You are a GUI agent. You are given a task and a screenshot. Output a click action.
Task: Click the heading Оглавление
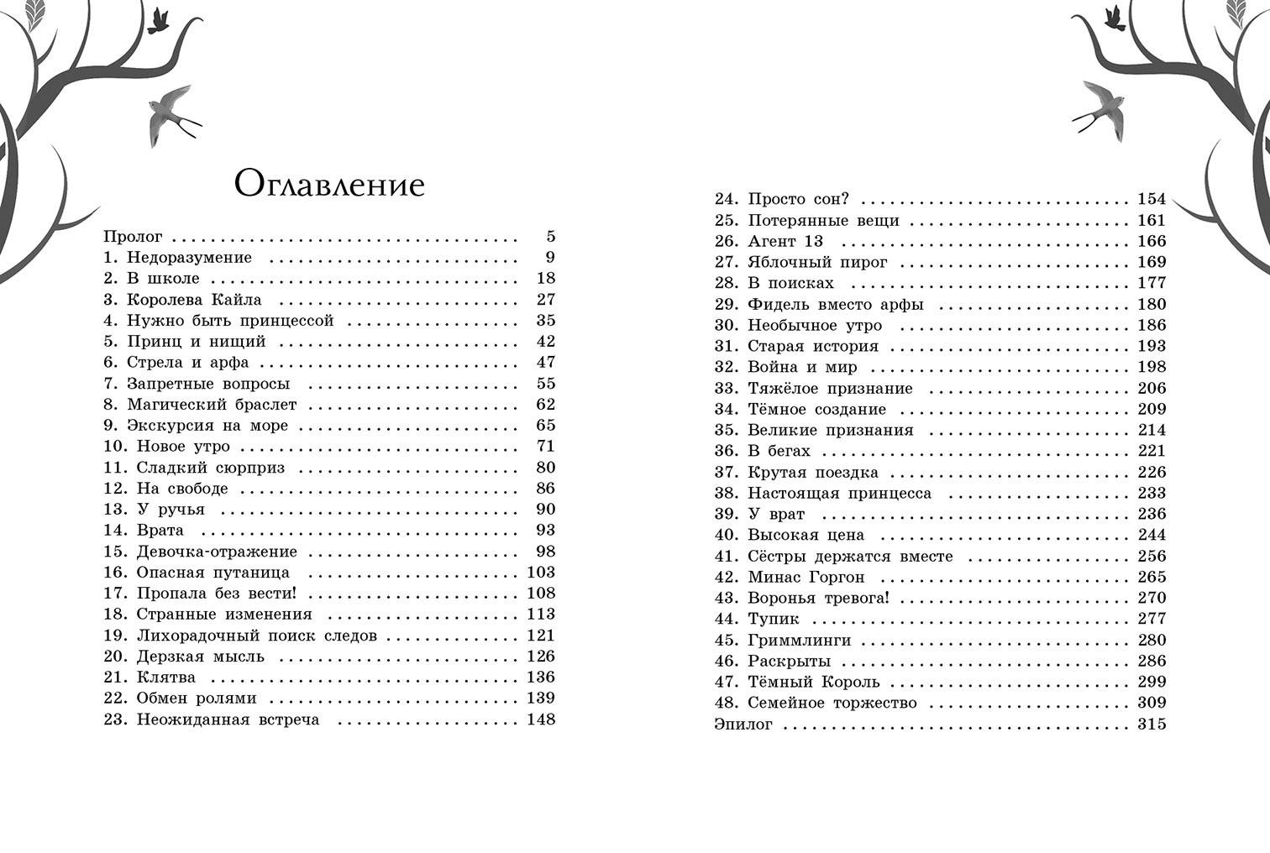pyautogui.click(x=329, y=184)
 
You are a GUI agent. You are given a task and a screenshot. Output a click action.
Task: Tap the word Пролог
pyautogui.click(x=133, y=237)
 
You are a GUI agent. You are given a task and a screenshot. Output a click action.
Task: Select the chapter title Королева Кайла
pyautogui.click(x=194, y=300)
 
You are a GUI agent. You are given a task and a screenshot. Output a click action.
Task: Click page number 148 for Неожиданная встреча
pyautogui.click(x=540, y=720)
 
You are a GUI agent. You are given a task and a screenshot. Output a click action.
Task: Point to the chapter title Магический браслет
pyautogui.click(x=212, y=405)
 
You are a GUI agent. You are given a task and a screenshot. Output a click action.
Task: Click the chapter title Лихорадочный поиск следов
pyautogui.click(x=256, y=636)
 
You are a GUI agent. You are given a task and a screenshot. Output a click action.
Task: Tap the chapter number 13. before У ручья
pyautogui.click(x=115, y=510)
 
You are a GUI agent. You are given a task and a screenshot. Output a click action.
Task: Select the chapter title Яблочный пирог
pyautogui.click(x=817, y=262)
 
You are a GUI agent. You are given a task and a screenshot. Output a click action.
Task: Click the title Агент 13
pyautogui.click(x=785, y=241)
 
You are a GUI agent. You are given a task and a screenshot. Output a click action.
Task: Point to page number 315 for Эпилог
pyautogui.click(x=1152, y=724)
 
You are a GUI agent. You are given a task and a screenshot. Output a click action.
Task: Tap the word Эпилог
pyautogui.click(x=743, y=724)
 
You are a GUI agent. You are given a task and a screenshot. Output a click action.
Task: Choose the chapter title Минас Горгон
pyautogui.click(x=806, y=577)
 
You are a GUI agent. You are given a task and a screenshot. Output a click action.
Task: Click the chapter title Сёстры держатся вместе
pyautogui.click(x=850, y=556)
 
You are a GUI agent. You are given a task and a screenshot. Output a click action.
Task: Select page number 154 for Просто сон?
pyautogui.click(x=1152, y=199)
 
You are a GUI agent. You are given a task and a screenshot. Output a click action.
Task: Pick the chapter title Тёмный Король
pyautogui.click(x=813, y=682)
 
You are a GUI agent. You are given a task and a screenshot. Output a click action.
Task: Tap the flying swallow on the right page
pyautogui.click(x=1101, y=105)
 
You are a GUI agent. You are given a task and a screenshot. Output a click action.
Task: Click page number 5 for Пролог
pyautogui.click(x=551, y=237)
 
